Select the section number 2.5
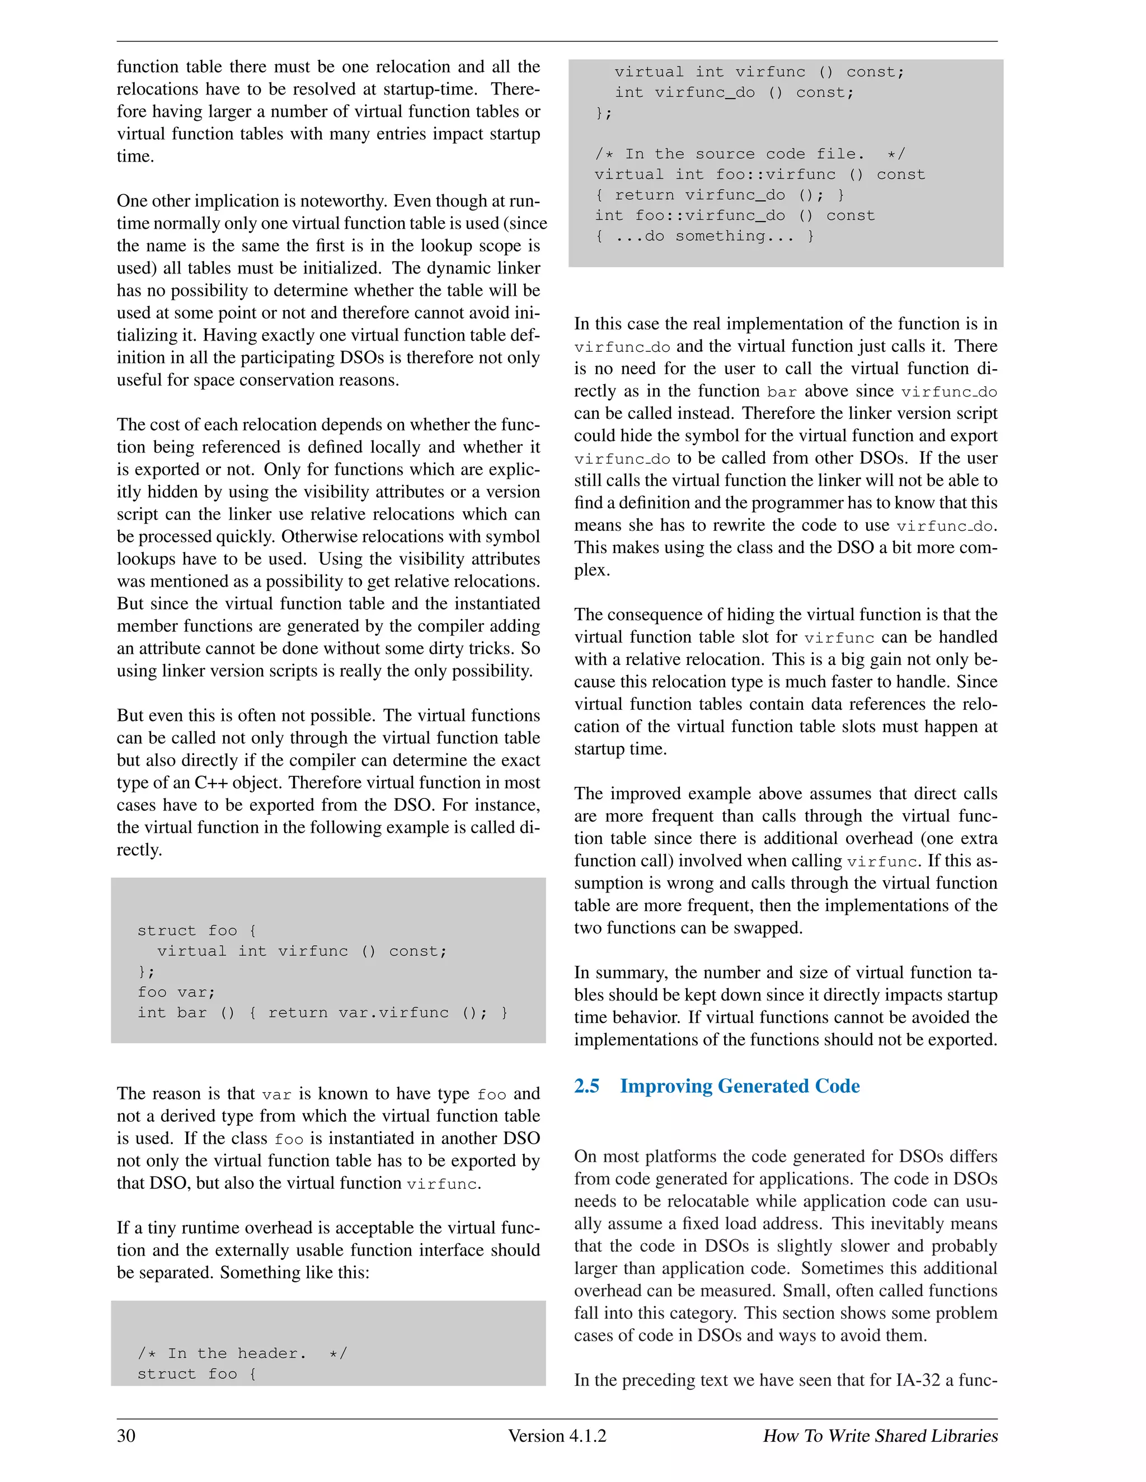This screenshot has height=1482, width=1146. (x=586, y=1087)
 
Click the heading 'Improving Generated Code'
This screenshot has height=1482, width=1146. (x=739, y=1087)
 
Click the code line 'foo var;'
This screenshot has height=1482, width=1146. (x=176, y=992)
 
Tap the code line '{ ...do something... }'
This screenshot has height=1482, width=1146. (x=704, y=236)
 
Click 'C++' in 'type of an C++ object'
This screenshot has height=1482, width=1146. (x=211, y=782)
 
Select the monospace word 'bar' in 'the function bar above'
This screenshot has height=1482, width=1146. (x=781, y=391)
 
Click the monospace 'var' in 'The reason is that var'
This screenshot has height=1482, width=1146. (x=276, y=1094)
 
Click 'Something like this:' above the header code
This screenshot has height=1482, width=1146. (x=295, y=1272)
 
